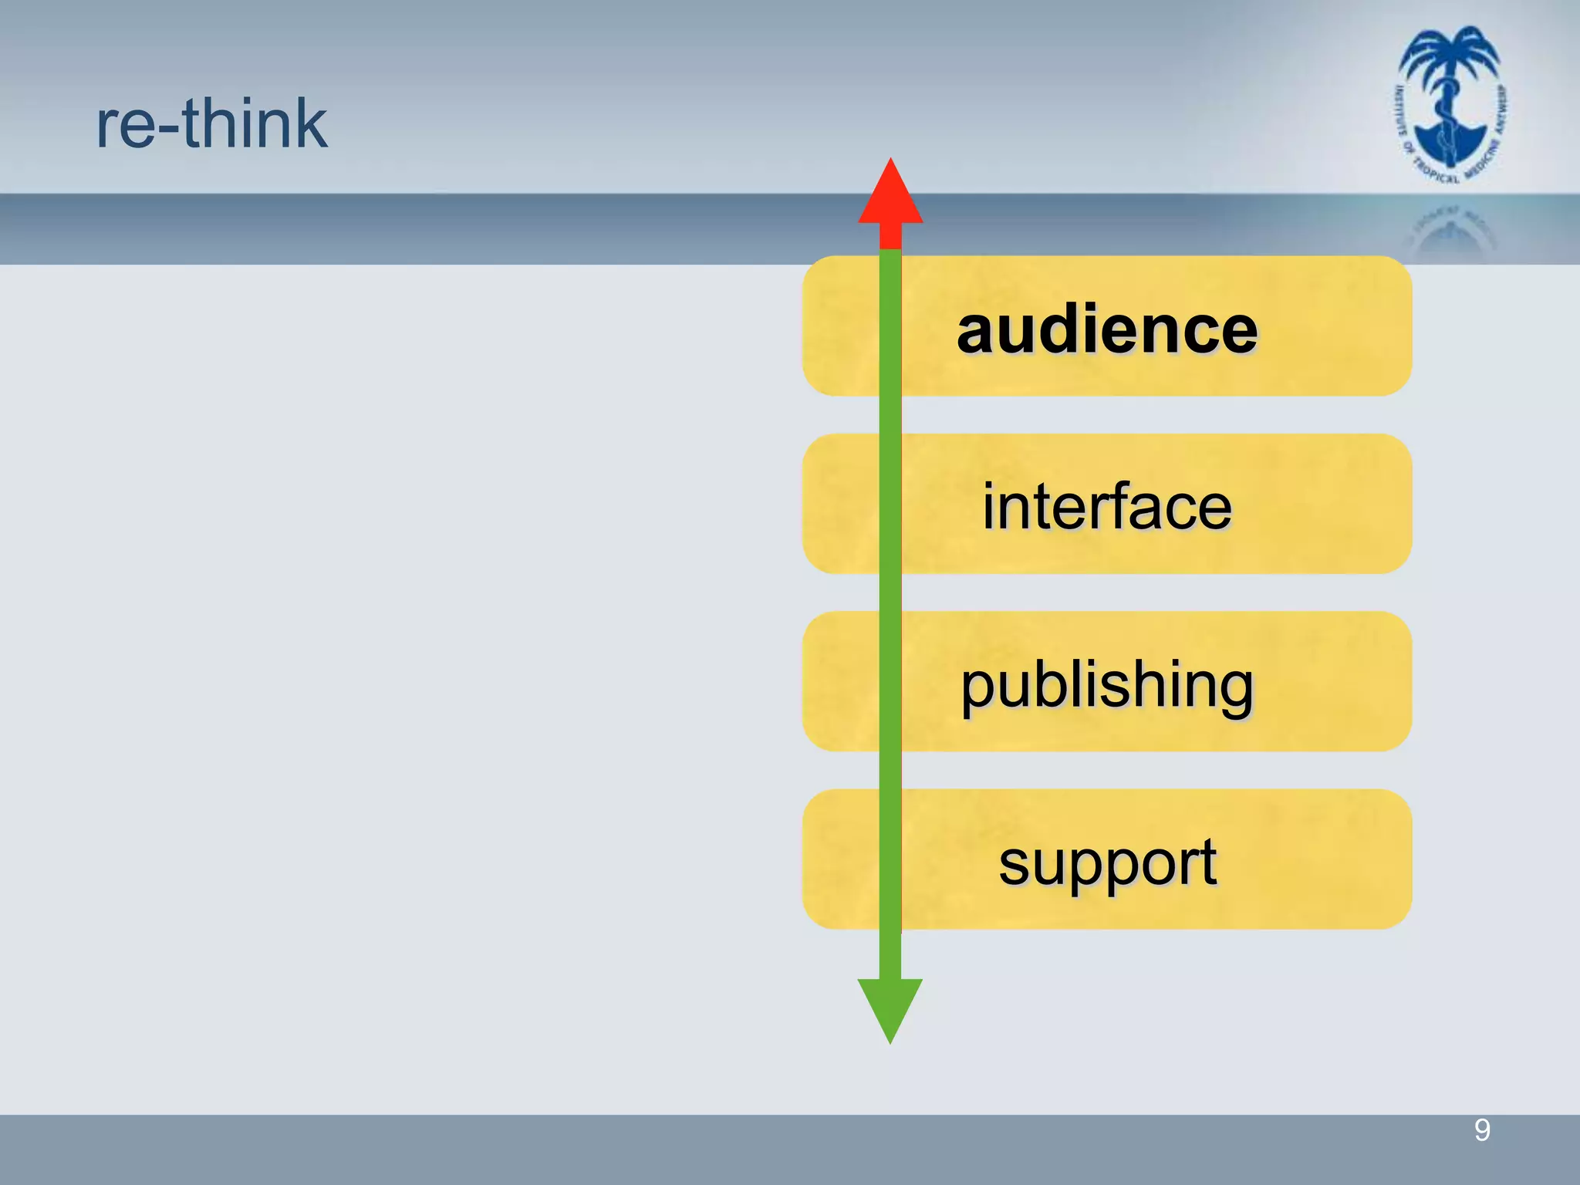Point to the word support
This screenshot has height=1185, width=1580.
[x=1107, y=863]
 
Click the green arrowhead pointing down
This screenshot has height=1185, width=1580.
[x=890, y=1007]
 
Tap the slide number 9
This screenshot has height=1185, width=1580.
[x=1481, y=1130]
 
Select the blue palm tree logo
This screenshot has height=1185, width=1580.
[x=1450, y=104]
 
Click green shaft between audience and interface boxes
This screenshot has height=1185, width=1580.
[x=890, y=415]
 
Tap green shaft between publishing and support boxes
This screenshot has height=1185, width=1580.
[x=890, y=770]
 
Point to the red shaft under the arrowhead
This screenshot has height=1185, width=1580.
[x=890, y=235]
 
